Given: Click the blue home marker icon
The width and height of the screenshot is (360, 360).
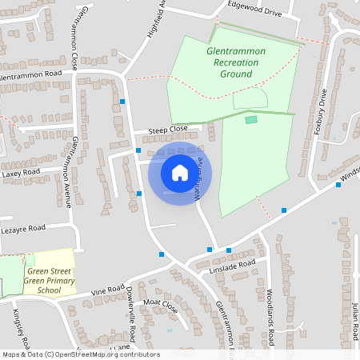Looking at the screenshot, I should coord(180,172).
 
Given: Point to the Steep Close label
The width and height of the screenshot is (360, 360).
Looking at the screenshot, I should coord(167,129).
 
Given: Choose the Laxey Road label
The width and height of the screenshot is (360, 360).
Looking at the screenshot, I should coord(21,172).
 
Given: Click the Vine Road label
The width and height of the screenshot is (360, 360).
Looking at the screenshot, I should coord(104,290).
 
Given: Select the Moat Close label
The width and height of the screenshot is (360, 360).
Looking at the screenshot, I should coord(159,304).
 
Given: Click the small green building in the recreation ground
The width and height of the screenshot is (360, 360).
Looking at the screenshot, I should coord(251,119).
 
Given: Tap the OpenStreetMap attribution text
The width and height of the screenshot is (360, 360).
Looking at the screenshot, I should coord(80,354).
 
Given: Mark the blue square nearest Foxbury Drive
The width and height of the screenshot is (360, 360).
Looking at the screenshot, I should coord(338,185).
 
